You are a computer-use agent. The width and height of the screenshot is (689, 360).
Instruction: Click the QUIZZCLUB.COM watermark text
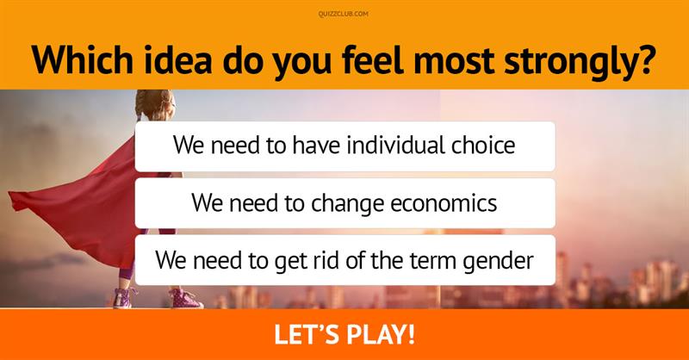[x=344, y=14]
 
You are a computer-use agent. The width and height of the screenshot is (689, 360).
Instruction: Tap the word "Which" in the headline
[x=82, y=59]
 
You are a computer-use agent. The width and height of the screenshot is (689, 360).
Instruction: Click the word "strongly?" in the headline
[x=580, y=62]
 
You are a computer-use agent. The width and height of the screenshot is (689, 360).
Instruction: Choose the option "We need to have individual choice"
[x=345, y=146]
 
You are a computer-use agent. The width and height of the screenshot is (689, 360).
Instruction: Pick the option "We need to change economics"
[x=345, y=203]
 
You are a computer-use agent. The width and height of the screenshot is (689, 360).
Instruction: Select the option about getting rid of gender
[x=345, y=260]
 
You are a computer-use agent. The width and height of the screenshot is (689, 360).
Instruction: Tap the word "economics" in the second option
[x=444, y=202]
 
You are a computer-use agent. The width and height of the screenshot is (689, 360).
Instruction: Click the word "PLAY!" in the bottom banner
[x=381, y=334]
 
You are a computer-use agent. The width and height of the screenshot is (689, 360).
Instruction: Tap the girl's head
[x=156, y=105]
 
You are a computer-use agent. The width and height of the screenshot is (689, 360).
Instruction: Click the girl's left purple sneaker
[x=123, y=297]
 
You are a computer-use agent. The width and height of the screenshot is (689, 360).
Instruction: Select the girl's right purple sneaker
[x=185, y=298]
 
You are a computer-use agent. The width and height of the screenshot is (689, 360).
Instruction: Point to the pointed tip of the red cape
[x=9, y=195]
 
